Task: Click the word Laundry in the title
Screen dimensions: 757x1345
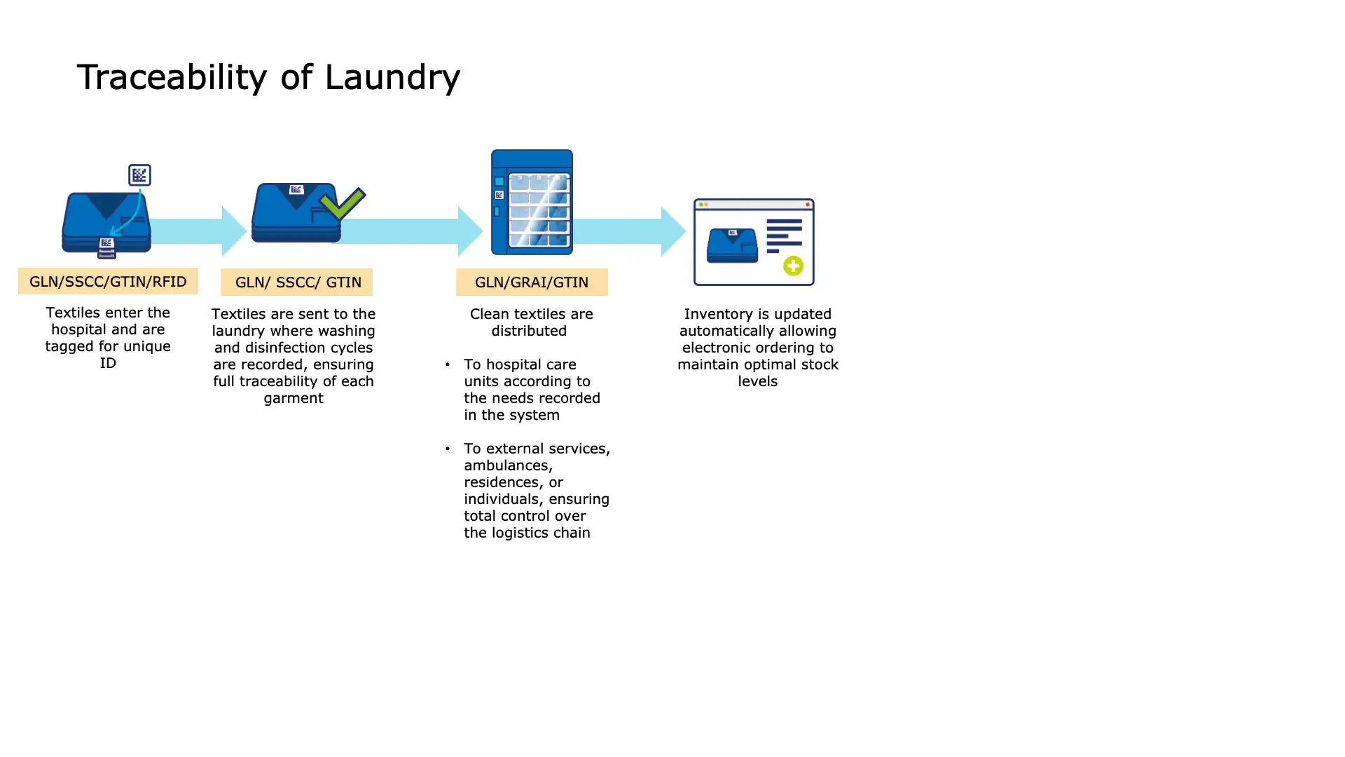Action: (392, 77)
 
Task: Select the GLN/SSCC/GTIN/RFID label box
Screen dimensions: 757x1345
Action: (108, 281)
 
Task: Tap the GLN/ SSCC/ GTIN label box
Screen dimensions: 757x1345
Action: (297, 282)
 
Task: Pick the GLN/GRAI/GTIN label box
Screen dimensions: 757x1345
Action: (532, 282)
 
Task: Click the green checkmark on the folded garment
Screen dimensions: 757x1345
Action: (342, 203)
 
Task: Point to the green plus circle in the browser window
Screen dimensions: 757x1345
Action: (793, 266)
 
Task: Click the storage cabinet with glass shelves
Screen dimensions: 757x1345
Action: (532, 203)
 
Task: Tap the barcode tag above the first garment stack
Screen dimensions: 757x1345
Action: (139, 175)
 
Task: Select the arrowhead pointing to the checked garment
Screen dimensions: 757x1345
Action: (233, 231)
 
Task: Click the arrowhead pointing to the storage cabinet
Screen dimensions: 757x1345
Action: (469, 231)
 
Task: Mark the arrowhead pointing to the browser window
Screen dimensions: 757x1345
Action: (672, 231)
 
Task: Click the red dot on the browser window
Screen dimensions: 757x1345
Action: (807, 205)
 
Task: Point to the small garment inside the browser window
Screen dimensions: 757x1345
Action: (732, 245)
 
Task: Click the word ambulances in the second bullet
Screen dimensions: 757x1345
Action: (508, 465)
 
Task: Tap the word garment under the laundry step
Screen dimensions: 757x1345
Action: (294, 398)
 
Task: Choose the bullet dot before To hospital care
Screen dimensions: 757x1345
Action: (448, 364)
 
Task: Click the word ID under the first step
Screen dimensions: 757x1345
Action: (108, 363)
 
